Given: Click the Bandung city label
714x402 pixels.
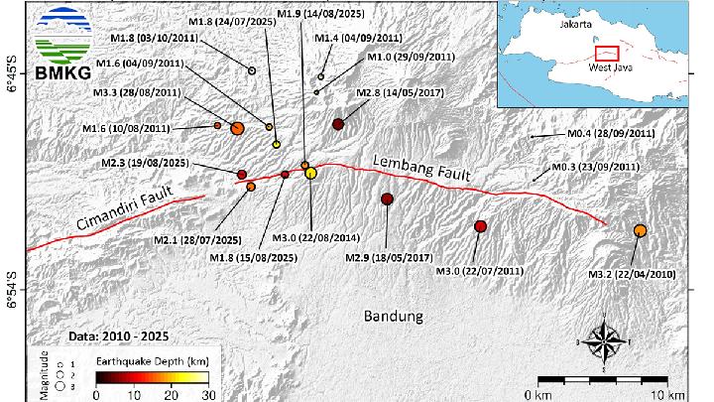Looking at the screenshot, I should pyautogui.click(x=393, y=317).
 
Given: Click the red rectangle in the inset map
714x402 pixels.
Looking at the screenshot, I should pyautogui.click(x=605, y=55).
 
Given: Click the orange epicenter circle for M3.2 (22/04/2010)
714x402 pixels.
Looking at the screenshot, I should pyautogui.click(x=640, y=231).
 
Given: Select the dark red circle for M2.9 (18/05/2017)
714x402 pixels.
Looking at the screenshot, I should pyautogui.click(x=387, y=200).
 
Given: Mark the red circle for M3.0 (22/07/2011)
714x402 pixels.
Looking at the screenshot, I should pyautogui.click(x=481, y=226).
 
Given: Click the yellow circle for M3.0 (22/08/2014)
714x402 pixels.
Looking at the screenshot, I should pyautogui.click(x=311, y=174).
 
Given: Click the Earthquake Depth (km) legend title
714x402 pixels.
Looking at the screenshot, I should pyautogui.click(x=150, y=362).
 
